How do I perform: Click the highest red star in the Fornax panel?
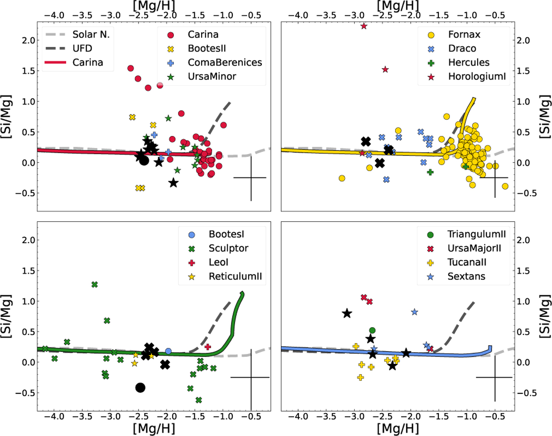pyautogui.click(x=364, y=26)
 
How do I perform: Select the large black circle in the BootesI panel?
pyautogui.click(x=140, y=388)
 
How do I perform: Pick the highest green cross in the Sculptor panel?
pyautogui.click(x=95, y=284)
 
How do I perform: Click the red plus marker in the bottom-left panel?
pyautogui.click(x=208, y=346)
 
